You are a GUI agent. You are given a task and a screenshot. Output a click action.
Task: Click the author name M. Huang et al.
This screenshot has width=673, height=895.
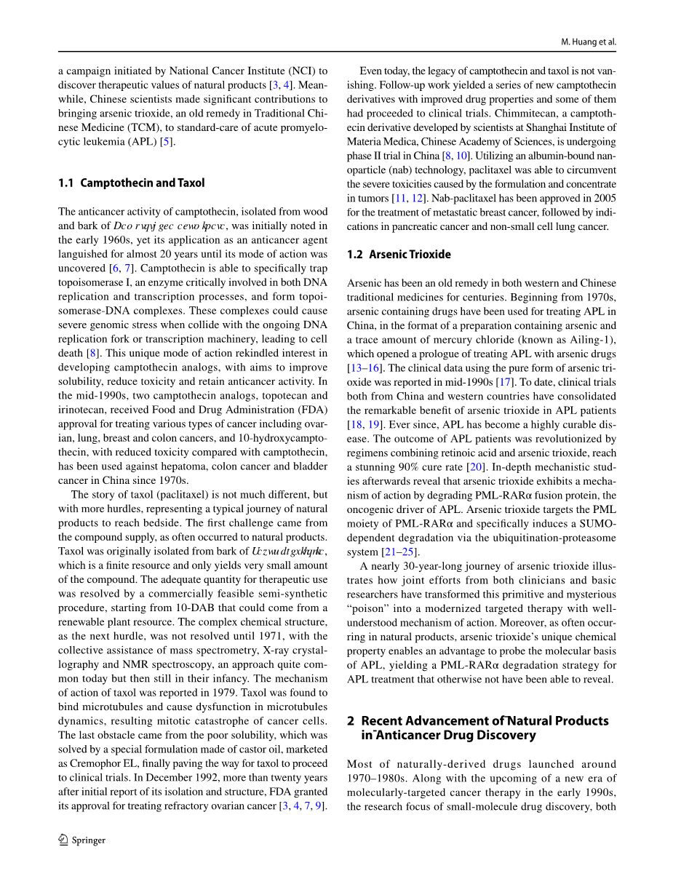pos(589,42)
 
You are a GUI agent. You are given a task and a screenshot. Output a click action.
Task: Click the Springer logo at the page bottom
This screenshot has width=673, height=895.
pos(81,840)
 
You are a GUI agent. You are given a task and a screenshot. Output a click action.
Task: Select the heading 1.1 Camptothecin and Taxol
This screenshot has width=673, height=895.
pos(132,183)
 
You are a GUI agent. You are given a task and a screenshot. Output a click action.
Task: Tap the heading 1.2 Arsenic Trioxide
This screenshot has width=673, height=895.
pos(399,255)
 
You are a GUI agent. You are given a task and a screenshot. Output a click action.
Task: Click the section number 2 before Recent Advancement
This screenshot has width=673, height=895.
pos(351,721)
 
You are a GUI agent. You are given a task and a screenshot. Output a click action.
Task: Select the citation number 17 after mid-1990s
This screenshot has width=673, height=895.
pos(501,382)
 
